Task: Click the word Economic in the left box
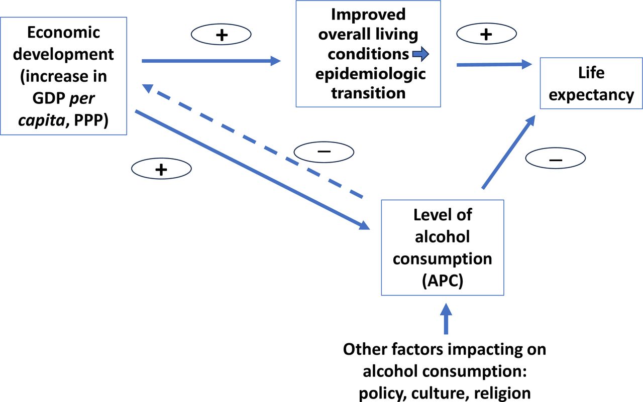point(64,33)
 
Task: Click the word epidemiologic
point(370,74)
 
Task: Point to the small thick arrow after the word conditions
point(420,53)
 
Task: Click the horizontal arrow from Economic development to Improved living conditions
point(211,61)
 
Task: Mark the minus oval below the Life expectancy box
point(556,159)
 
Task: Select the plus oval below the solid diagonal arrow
point(161,170)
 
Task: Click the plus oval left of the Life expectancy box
point(486,34)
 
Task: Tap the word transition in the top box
point(368,93)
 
